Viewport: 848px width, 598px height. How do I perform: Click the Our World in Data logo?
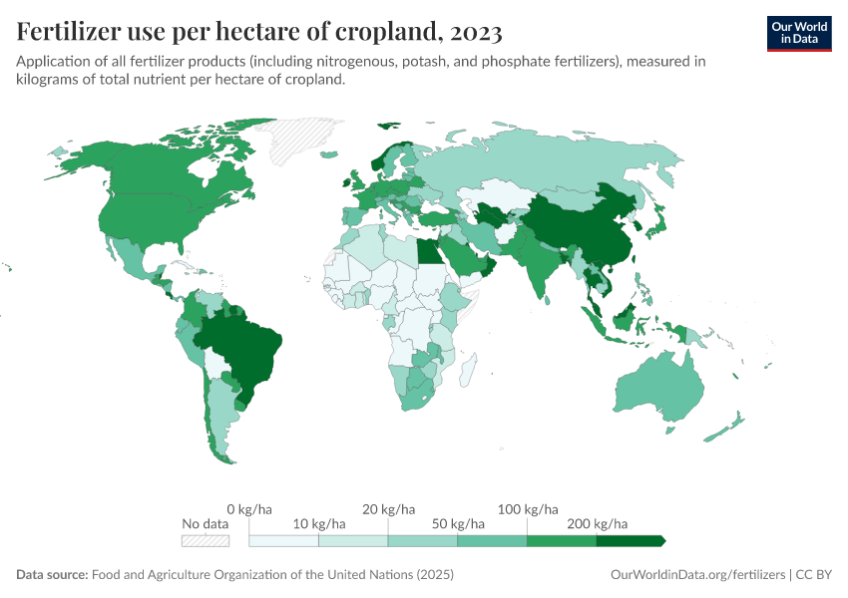798,33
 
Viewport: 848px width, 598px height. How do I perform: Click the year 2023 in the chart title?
476,32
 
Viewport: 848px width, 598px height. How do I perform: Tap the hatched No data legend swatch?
206,541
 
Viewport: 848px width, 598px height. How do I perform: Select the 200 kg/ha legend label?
597,523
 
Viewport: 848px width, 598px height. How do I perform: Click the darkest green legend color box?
630,541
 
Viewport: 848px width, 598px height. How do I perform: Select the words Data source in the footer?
52,575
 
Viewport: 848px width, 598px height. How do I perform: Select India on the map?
540,264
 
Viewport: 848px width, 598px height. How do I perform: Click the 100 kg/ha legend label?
527,508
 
